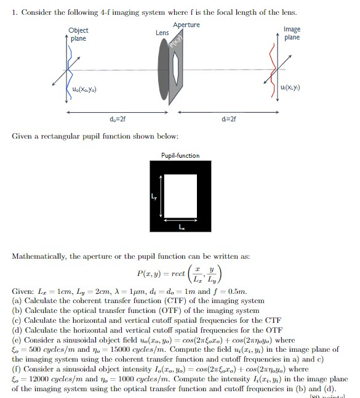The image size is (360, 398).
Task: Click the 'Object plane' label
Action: pos(78,35)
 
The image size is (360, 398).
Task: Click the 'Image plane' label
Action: pos(292,33)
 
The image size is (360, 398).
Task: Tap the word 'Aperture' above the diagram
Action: pos(186,25)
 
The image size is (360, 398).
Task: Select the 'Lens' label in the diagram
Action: pos(162,33)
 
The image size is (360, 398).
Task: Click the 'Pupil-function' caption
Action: pos(180,156)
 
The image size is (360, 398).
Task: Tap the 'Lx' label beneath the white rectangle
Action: pos(180,227)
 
